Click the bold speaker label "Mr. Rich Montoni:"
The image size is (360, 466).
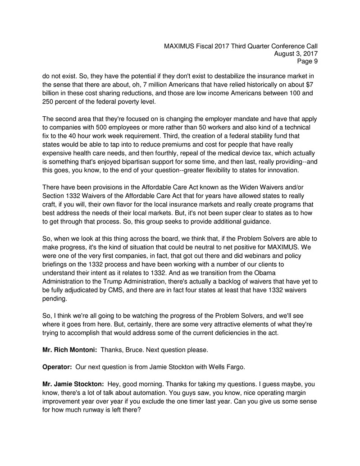coord(69,350)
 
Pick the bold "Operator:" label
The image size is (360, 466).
coord(57,366)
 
